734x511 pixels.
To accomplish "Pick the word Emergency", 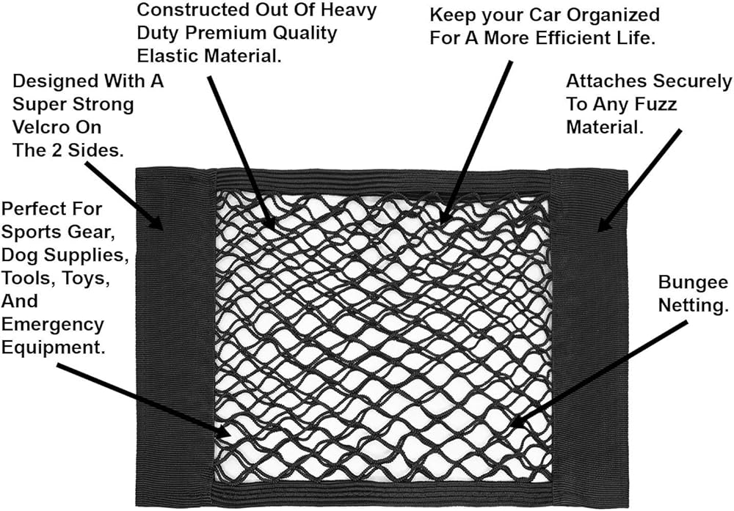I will coord(53,324).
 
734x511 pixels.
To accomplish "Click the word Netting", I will coord(690,306).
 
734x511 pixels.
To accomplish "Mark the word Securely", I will coord(686,81).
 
